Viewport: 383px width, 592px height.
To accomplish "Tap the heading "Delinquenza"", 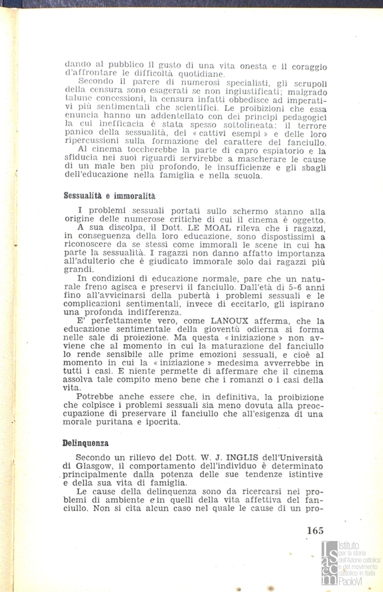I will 85,443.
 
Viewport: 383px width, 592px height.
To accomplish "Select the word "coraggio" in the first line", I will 308,66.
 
